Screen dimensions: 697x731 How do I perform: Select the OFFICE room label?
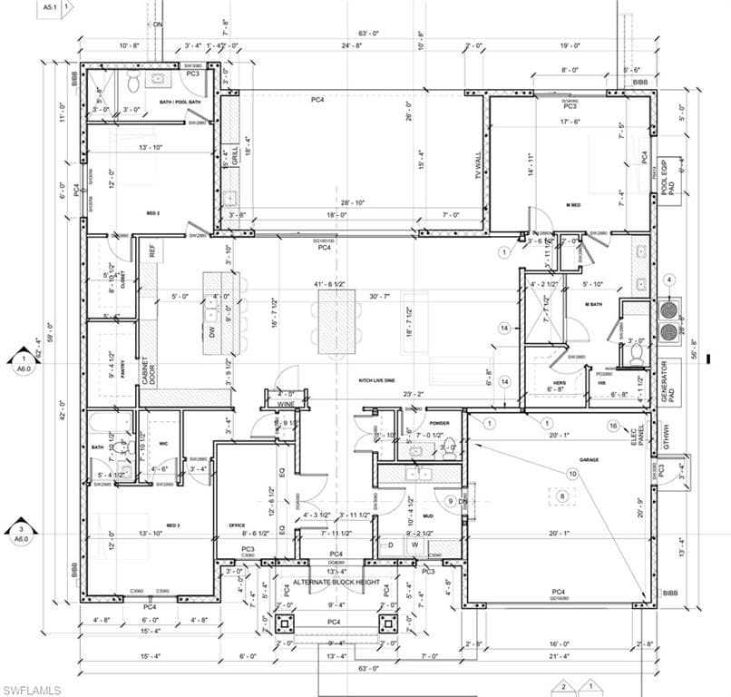[x=238, y=525]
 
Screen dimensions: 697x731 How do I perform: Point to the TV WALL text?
[x=478, y=167]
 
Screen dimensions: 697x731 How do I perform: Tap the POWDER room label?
[x=439, y=423]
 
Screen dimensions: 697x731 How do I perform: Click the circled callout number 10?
[x=572, y=474]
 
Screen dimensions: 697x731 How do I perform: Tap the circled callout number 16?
[x=614, y=426]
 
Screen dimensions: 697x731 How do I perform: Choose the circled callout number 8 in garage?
[x=561, y=496]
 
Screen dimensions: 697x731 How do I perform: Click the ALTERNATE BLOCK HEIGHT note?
[x=336, y=582]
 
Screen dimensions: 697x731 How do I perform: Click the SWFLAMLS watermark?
[x=32, y=689]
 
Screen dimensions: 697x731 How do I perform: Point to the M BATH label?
[x=593, y=304]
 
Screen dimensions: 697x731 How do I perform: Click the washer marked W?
[x=414, y=545]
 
